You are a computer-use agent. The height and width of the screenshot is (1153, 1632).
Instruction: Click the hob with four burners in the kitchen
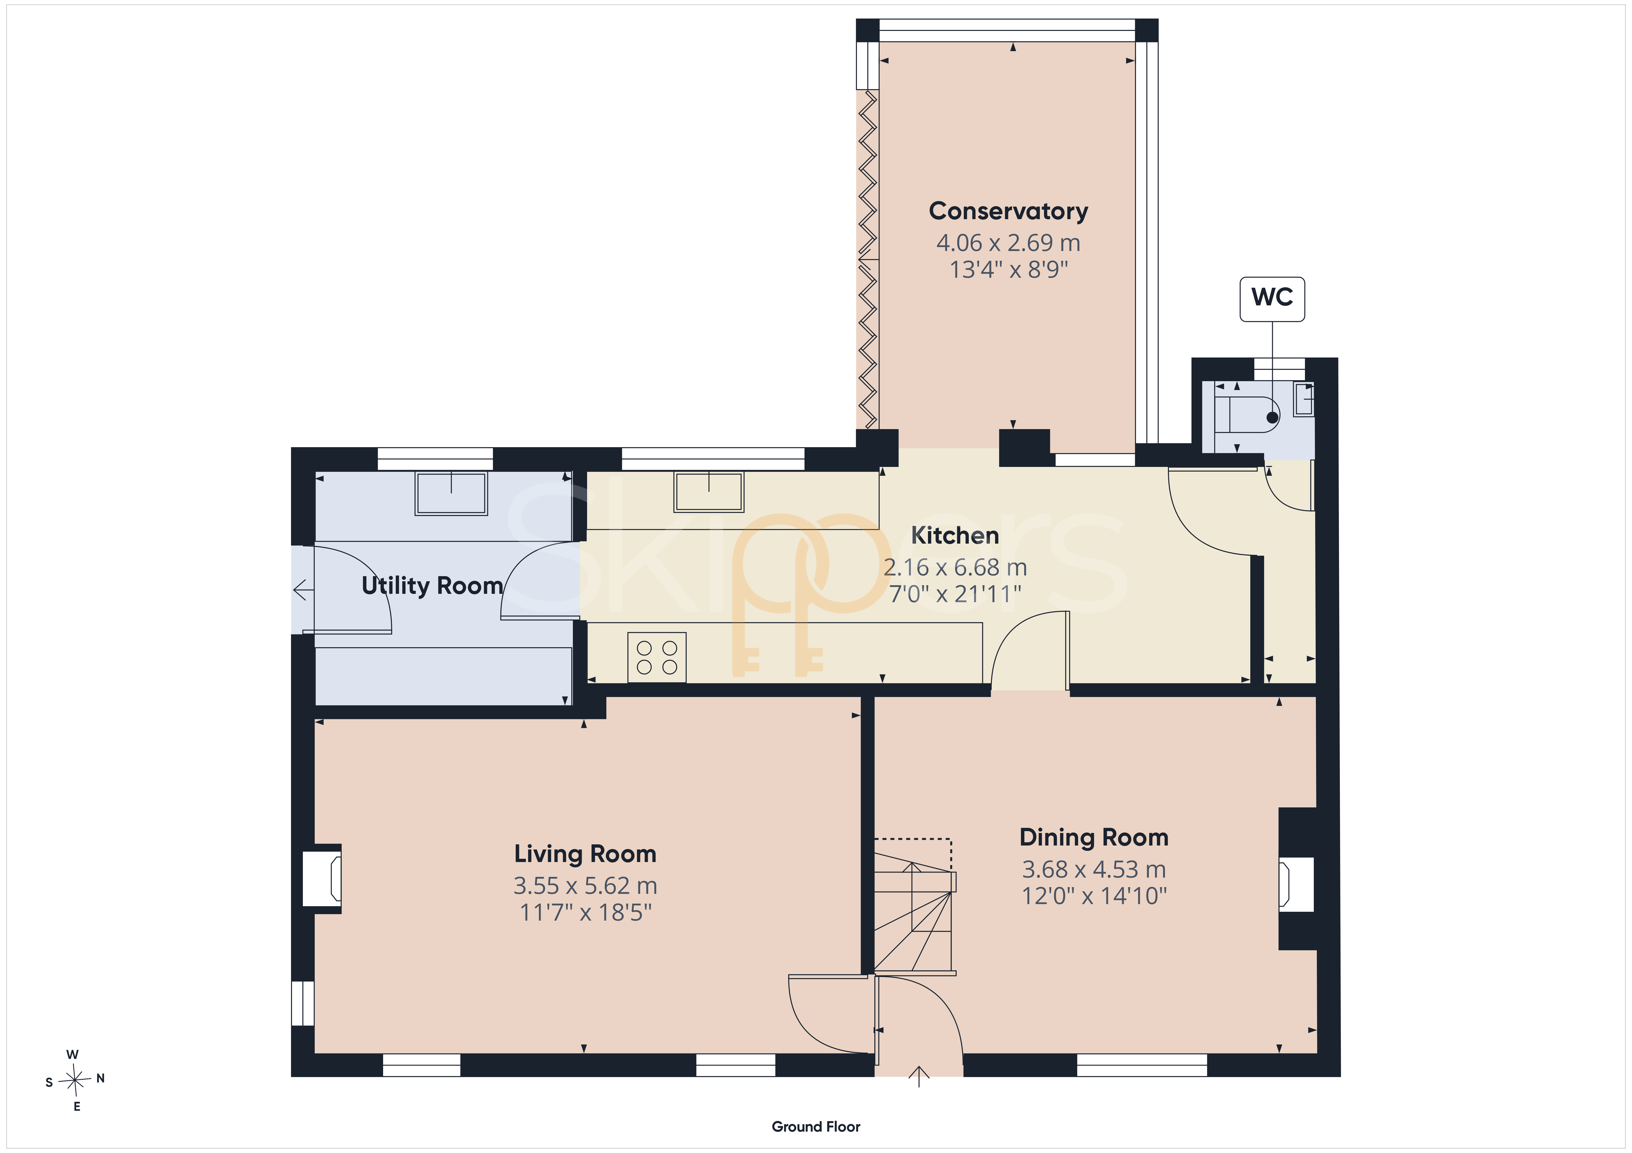tap(657, 657)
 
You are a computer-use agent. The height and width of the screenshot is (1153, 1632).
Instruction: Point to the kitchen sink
tap(709, 492)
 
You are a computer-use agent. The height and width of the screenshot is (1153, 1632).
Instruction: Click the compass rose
tap(75, 1080)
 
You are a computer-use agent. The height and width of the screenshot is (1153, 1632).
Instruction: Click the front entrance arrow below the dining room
tap(919, 1076)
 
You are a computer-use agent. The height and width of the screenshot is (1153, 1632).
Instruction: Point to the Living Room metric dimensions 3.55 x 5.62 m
tap(585, 885)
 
